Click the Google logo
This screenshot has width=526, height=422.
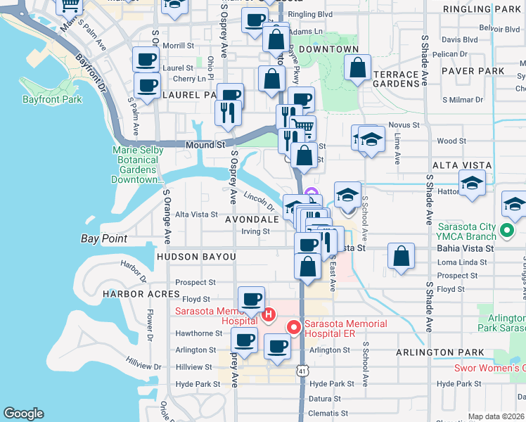23,414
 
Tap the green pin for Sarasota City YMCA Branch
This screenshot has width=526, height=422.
505,230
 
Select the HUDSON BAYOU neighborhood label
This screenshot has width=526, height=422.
196,257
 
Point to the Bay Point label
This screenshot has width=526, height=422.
104,239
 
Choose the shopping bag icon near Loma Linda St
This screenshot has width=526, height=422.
400,257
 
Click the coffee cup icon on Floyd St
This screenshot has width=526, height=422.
251,298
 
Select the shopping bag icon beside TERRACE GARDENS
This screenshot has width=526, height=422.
358,68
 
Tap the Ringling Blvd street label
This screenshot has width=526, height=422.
310,13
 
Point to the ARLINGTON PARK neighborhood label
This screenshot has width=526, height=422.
440,352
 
